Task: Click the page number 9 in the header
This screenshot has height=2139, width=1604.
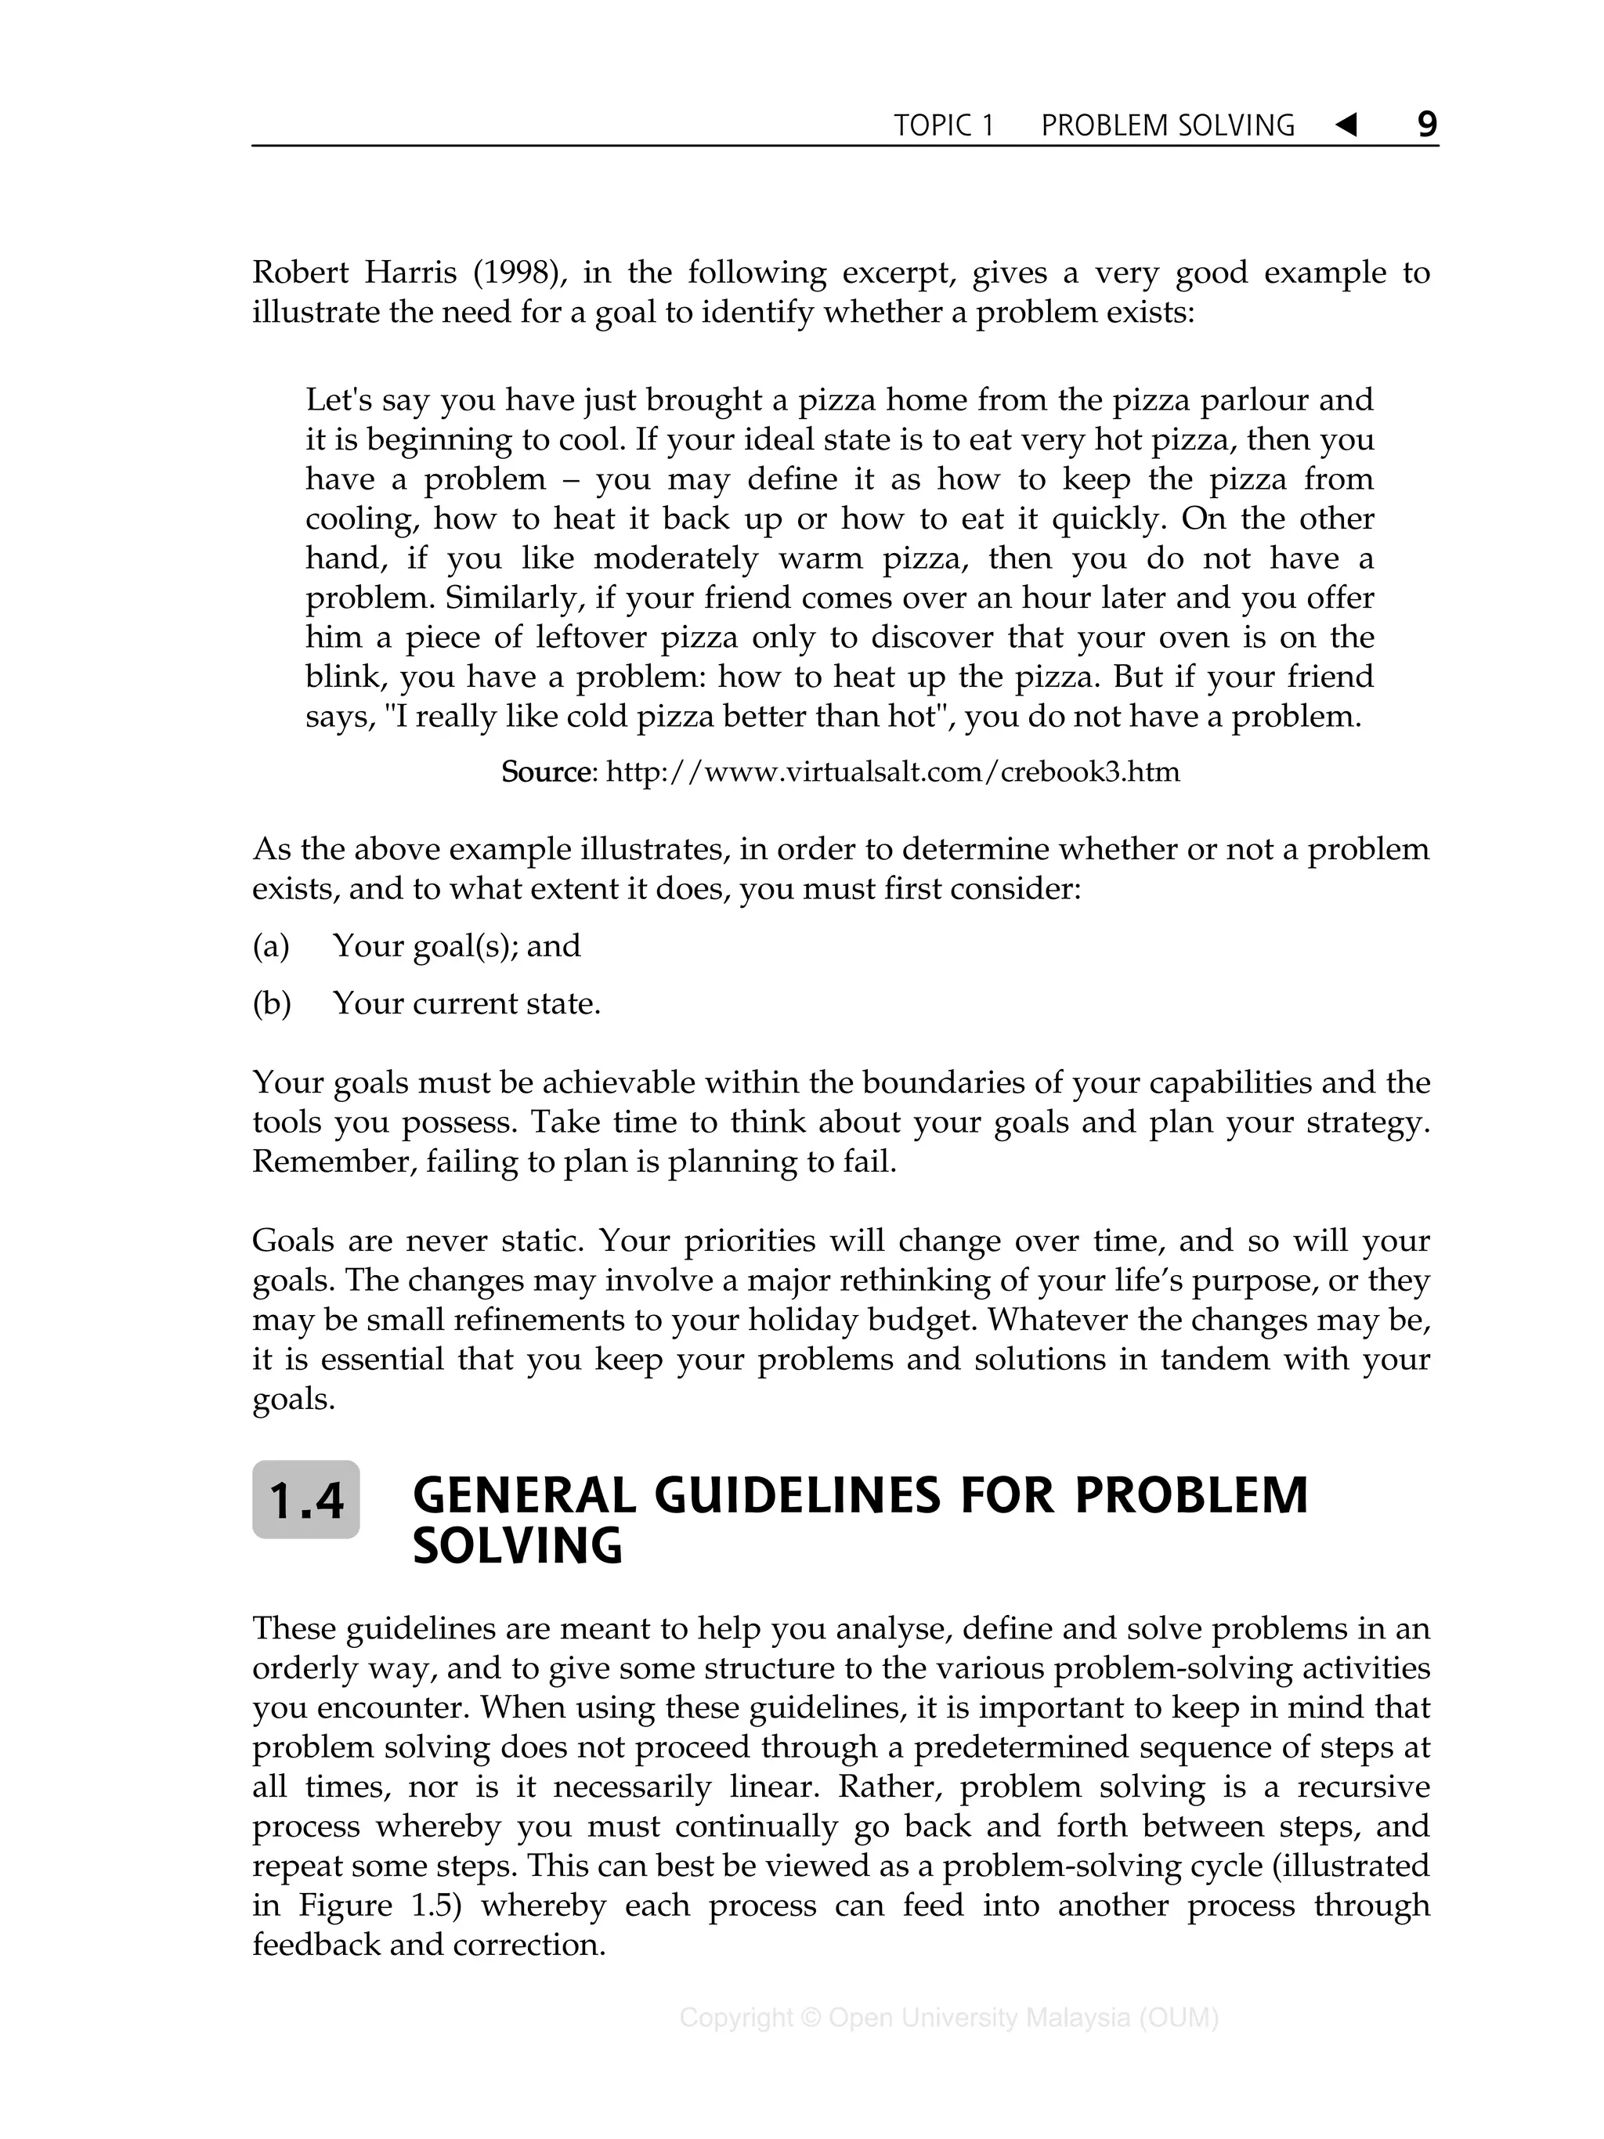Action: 1426,125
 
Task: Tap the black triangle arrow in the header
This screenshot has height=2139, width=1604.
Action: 1346,125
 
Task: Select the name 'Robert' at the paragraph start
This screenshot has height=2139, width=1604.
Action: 300,273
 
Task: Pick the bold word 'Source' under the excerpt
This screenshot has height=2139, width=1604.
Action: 545,771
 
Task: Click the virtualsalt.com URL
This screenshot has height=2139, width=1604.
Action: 891,771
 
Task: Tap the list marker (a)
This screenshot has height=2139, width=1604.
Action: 271,945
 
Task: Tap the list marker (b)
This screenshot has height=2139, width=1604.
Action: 271,1004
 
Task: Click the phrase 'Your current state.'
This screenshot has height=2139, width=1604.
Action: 466,1004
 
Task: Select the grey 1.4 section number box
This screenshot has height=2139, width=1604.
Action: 305,1500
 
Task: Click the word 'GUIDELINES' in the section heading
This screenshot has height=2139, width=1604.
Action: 797,1495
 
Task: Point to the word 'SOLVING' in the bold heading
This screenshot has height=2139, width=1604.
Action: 517,1546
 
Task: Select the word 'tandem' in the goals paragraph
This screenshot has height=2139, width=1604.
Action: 1215,1360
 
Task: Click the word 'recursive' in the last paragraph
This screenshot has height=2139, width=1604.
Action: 1364,1787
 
